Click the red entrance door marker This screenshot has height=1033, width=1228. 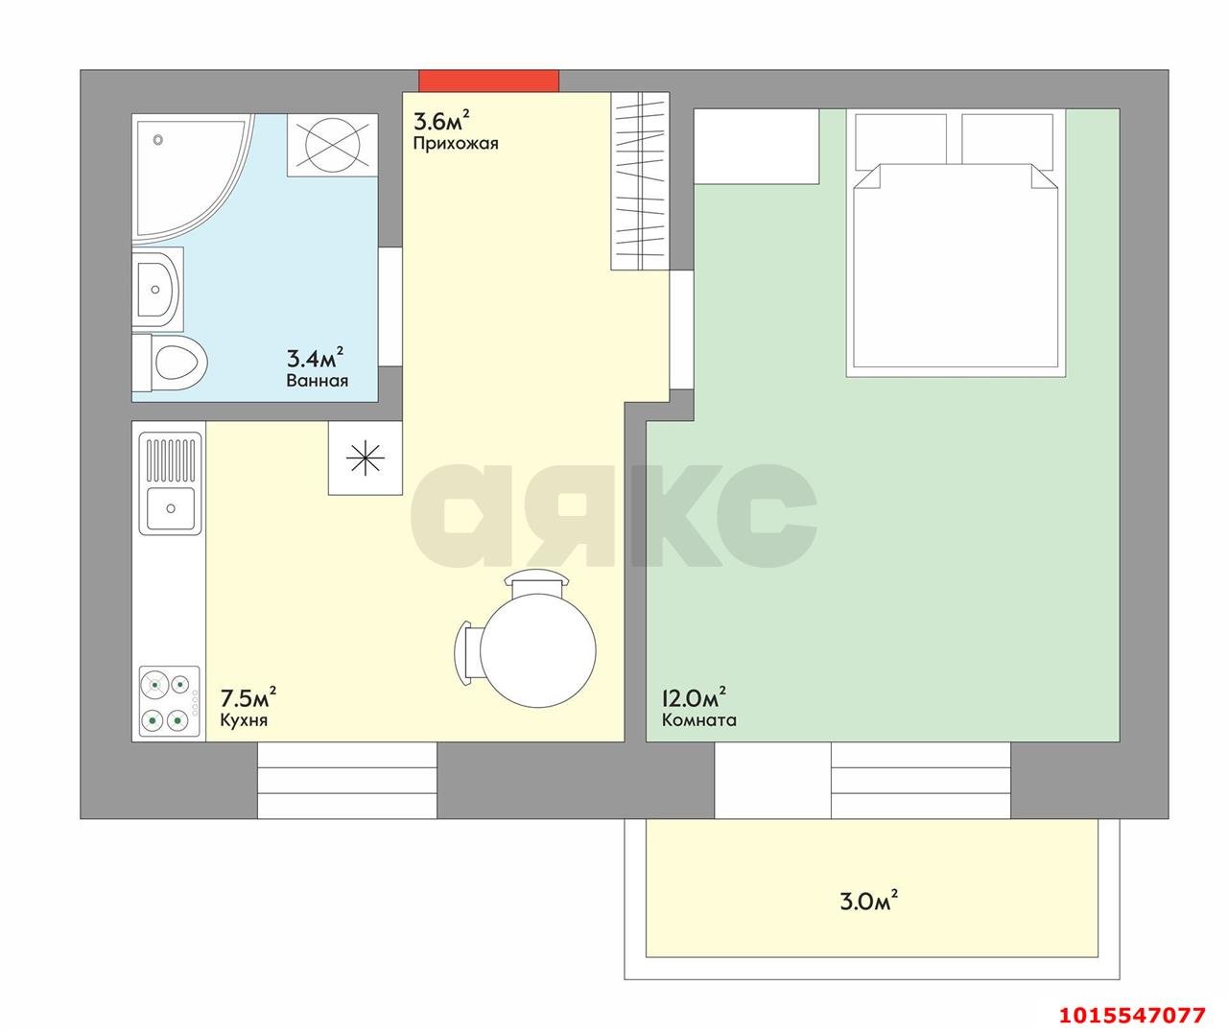(x=488, y=81)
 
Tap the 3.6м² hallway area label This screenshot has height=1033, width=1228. (x=441, y=120)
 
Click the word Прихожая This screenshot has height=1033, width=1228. (x=455, y=144)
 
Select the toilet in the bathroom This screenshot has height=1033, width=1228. (x=170, y=363)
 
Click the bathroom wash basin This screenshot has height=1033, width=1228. (x=157, y=290)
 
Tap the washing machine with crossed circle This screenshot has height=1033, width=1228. (x=332, y=145)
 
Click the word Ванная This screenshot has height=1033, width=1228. (x=317, y=381)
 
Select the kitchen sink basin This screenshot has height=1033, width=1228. (x=171, y=508)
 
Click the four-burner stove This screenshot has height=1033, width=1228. (x=170, y=702)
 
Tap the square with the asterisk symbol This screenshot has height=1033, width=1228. (x=366, y=458)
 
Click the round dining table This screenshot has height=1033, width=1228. (x=537, y=651)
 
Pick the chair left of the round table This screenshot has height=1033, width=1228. (x=467, y=652)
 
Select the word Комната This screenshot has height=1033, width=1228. (x=698, y=720)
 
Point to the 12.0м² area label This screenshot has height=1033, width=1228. (x=694, y=697)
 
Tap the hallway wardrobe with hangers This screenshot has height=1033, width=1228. (x=640, y=181)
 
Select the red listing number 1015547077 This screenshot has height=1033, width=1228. (x=1132, y=1014)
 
